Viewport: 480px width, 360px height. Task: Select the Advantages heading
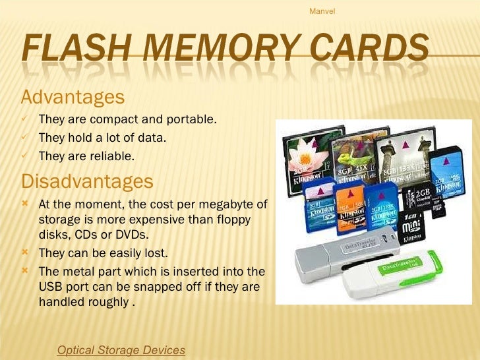pos(73,98)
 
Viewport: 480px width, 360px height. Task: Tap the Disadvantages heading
pos(88,180)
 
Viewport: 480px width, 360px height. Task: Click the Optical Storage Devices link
pos(121,349)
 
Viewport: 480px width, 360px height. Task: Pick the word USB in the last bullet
pos(53,287)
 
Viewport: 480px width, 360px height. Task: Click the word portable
pos(193,120)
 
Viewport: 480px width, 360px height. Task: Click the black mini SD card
pos(413,224)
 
